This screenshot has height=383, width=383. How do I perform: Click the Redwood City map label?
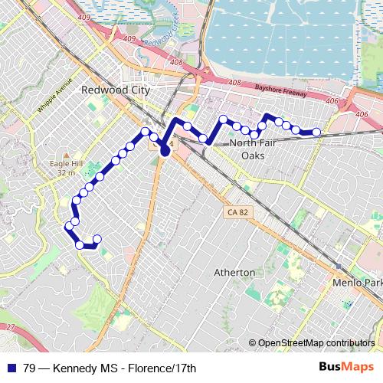click(x=114, y=90)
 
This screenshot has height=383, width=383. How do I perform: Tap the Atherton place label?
click(x=234, y=273)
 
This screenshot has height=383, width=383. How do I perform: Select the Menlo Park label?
click(x=358, y=283)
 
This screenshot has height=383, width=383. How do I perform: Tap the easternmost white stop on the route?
click(x=316, y=133)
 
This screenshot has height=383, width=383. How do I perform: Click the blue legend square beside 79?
click(x=12, y=368)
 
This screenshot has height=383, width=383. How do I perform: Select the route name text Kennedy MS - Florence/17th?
click(x=125, y=368)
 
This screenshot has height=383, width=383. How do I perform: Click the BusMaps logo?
click(x=347, y=368)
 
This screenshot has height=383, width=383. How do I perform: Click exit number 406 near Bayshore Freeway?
click(x=332, y=100)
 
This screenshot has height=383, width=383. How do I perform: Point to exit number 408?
click(x=177, y=62)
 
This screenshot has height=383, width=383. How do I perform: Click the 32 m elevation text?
click(x=67, y=173)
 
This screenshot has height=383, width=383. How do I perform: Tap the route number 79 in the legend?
click(x=30, y=368)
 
